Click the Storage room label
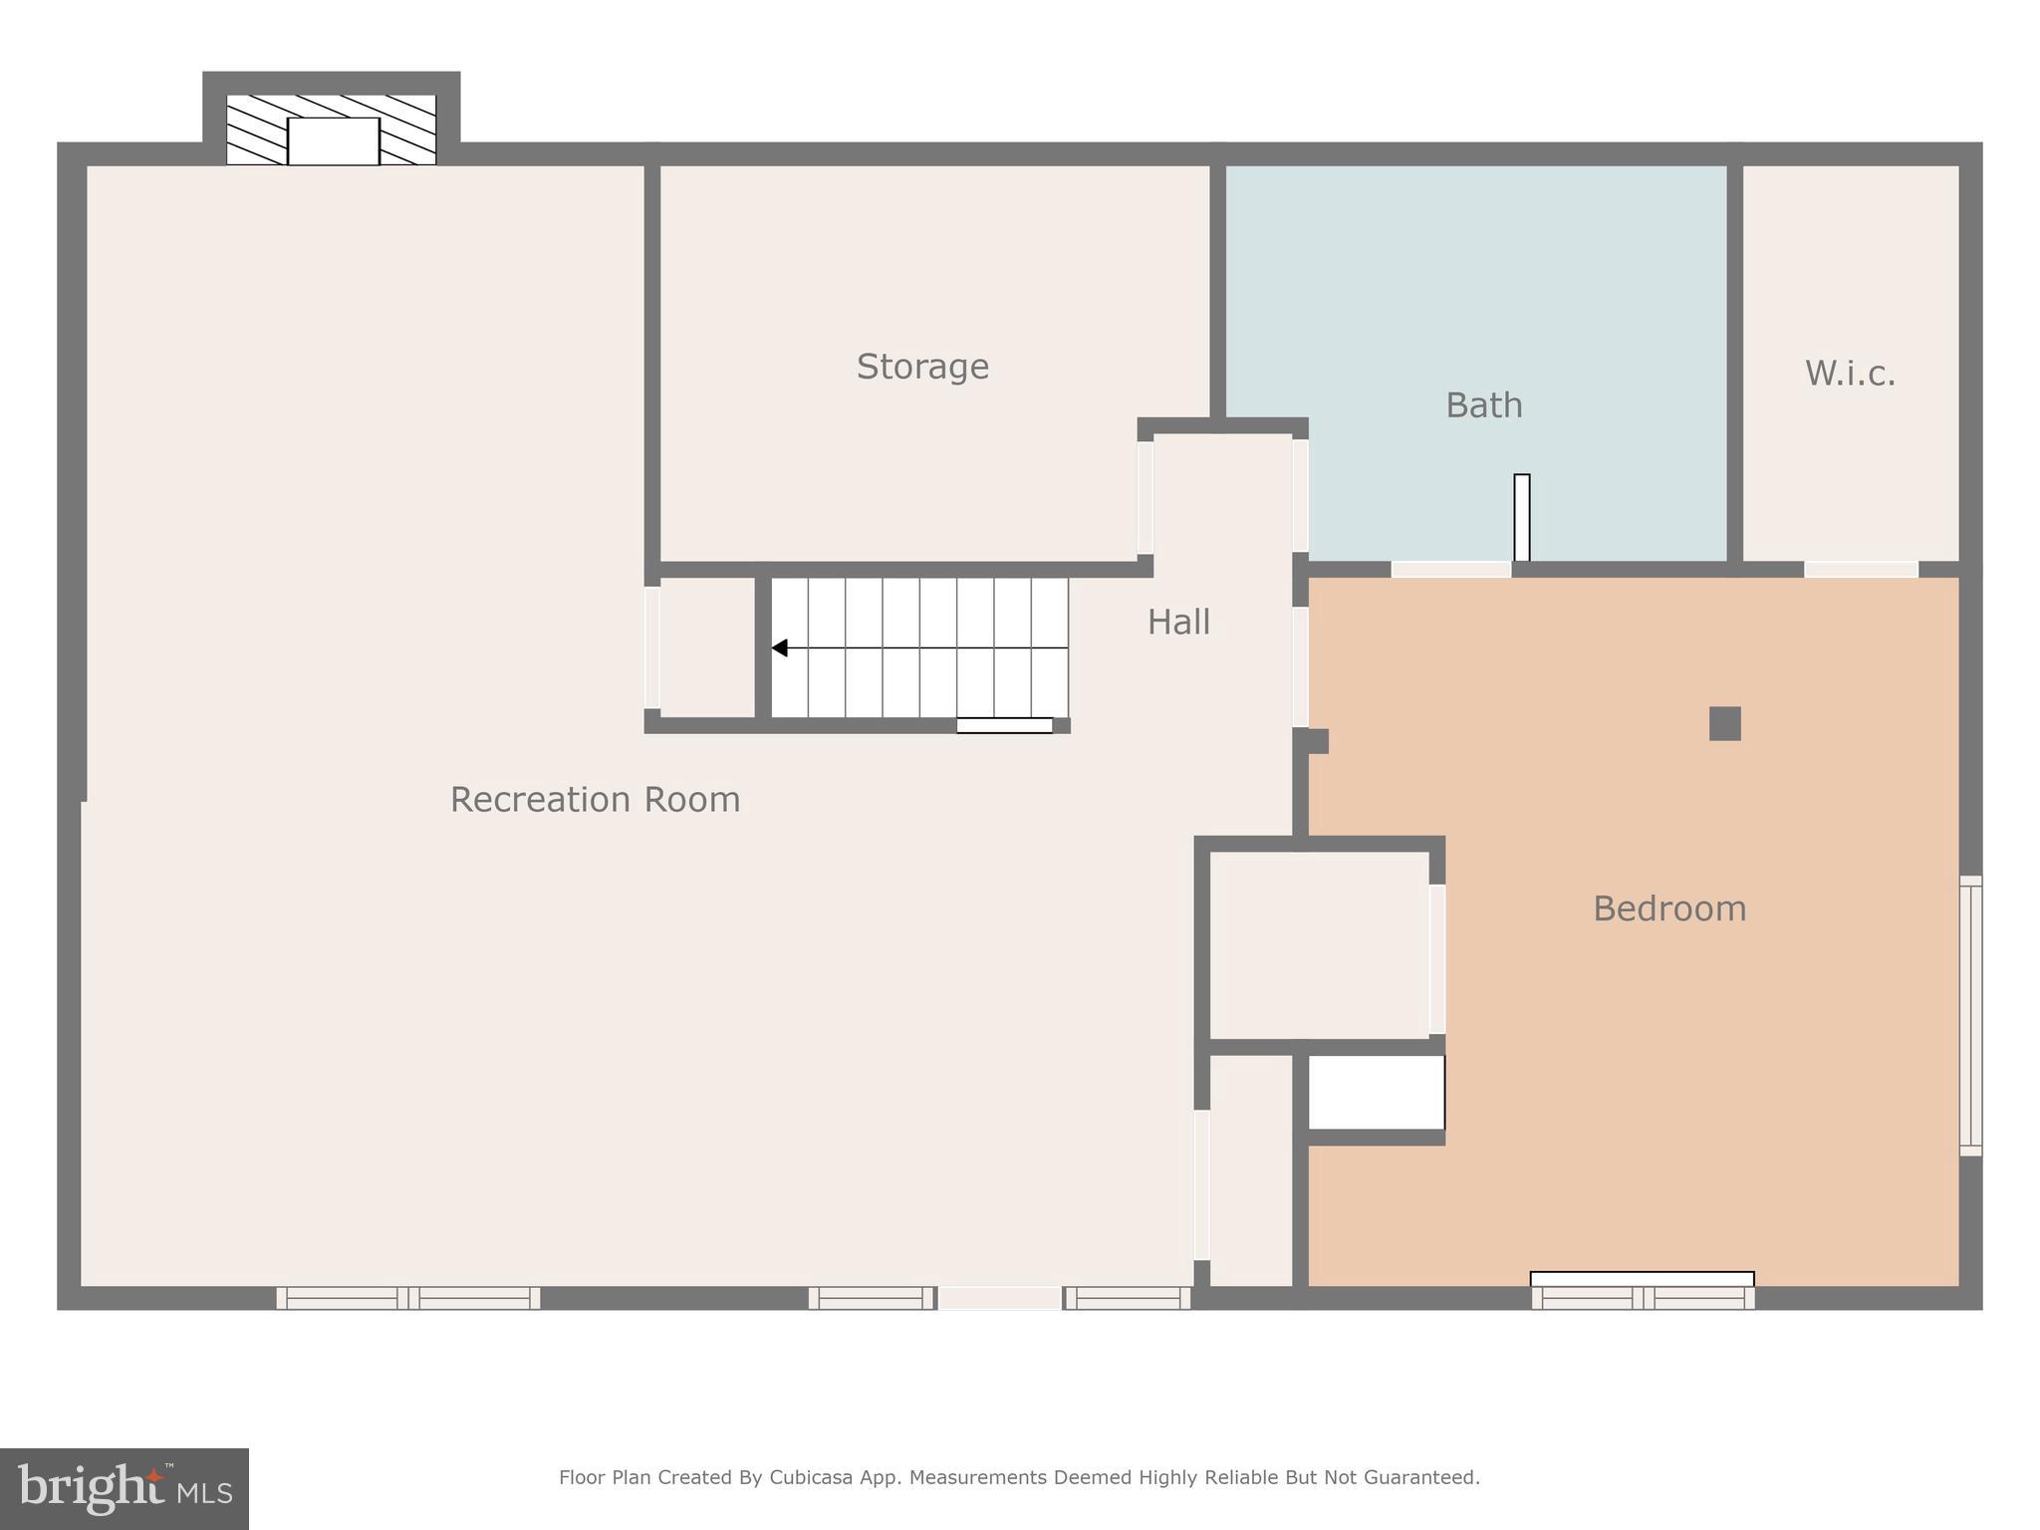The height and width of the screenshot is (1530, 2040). pos(922,367)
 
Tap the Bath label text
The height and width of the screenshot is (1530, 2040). pos(1483,405)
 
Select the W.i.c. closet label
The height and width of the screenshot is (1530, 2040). pos(1850,374)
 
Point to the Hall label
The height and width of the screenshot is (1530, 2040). pos(1178,623)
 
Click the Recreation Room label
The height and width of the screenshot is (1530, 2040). pos(595,800)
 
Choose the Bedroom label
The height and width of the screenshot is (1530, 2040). pos(1669,908)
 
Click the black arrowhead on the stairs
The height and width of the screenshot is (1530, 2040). pos(780,648)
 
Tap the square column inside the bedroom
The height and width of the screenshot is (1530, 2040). pos(1724,723)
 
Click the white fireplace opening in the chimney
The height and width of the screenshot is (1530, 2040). pos(334,141)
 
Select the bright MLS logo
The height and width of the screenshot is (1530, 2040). pos(125,1488)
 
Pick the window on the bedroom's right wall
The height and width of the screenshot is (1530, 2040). pos(1970,1016)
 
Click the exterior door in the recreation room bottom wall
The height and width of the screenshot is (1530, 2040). pos(1000,1297)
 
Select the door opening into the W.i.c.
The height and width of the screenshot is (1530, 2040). pos(1861,570)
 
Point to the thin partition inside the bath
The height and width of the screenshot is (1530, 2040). pos(1521,518)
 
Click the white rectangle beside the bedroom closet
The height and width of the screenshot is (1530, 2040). pos(1376,1093)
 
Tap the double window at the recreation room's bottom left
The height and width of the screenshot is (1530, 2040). pos(408,1297)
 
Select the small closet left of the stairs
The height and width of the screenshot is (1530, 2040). pos(706,647)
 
